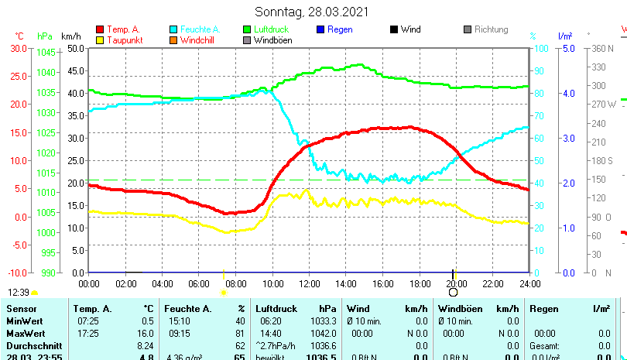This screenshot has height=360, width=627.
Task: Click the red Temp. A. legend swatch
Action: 100,29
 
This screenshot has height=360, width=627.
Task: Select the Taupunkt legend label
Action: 124,40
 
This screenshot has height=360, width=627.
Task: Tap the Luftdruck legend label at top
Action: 271,29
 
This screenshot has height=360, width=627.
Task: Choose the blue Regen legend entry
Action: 340,29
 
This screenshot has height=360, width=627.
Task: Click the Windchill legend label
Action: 199,40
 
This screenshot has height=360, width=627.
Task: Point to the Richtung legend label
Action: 491,29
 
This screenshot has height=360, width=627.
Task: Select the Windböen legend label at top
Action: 273,40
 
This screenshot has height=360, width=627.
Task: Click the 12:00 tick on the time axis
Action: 309,283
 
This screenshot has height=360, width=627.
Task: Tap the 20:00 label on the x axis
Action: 456,283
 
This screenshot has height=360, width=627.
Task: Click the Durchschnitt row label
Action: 29,345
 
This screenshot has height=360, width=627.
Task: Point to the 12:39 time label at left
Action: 19,293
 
